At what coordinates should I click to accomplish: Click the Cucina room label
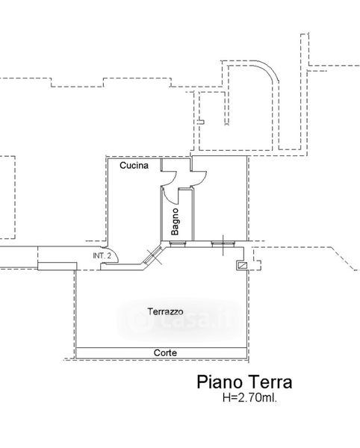(134, 166)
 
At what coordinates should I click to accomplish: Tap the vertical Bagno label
(175, 222)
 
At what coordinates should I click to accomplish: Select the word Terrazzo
(165, 311)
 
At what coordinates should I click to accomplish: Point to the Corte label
(165, 353)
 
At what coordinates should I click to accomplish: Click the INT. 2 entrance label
(102, 255)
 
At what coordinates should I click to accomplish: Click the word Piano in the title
(220, 382)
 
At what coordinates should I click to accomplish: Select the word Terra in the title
(270, 382)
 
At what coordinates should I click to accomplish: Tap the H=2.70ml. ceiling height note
(249, 397)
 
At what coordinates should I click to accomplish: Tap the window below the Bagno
(178, 243)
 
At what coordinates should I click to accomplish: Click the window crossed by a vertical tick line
(223, 243)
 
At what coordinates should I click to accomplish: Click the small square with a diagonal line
(243, 265)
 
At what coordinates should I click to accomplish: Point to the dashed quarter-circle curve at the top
(269, 67)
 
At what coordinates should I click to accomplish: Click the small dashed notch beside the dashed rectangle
(201, 122)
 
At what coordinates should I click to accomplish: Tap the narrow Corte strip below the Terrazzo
(161, 353)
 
